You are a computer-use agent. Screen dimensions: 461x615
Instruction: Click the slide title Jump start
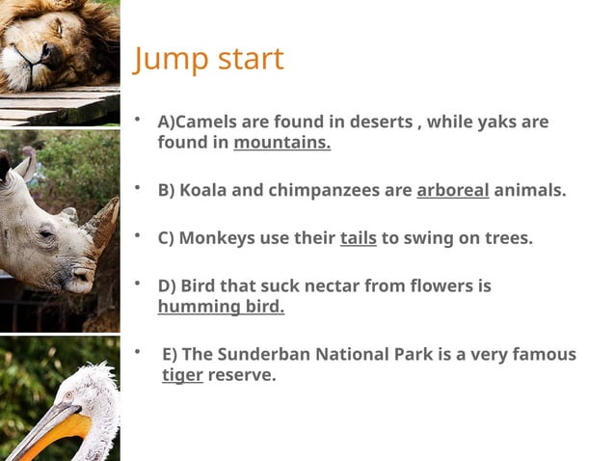pyautogui.click(x=208, y=59)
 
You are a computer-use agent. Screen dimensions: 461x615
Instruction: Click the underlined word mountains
pyautogui.click(x=281, y=143)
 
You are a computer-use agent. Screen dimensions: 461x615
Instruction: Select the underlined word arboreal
pyautogui.click(x=452, y=190)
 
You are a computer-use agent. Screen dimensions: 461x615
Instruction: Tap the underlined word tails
pyautogui.click(x=358, y=237)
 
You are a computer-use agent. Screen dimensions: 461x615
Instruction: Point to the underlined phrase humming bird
pyautogui.click(x=221, y=307)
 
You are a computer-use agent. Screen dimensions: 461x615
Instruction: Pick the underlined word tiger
pyautogui.click(x=182, y=374)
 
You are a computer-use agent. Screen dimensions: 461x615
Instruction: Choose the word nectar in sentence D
pyautogui.click(x=333, y=286)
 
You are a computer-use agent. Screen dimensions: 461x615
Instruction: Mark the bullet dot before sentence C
pyautogui.click(x=138, y=234)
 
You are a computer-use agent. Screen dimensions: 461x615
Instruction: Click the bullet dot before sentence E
pyautogui.click(x=138, y=351)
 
